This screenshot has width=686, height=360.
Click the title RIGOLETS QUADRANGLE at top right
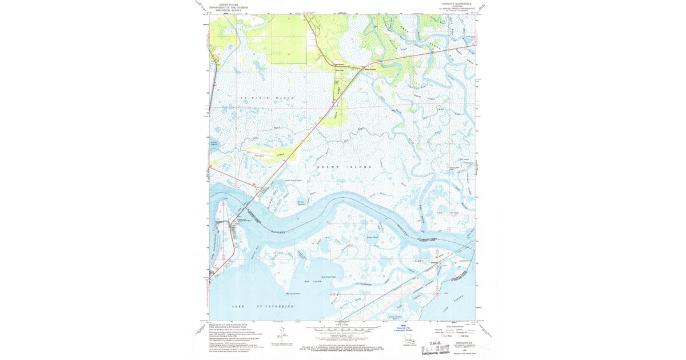point(453,3)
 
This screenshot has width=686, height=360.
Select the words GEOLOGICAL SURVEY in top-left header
point(225,10)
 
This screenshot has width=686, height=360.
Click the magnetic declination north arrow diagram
point(281,335)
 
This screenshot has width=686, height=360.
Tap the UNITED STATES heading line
point(225,3)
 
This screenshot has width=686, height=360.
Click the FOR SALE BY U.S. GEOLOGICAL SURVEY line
point(343,346)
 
